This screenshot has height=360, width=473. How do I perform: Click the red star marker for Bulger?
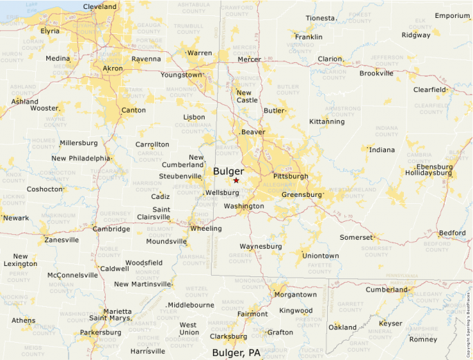tap(236, 180)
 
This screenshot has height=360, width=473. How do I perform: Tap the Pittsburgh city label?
tap(290, 176)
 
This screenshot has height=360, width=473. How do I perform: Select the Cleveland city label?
tap(100, 7)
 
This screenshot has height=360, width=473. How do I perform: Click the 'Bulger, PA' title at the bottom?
tap(236, 353)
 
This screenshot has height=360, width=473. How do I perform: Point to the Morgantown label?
tap(295, 294)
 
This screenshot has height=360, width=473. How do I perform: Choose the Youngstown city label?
tap(182, 75)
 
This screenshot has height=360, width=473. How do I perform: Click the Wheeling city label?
tap(206, 229)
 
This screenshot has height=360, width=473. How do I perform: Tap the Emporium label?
tap(452, 16)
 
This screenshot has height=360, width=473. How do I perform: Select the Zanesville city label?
tap(62, 240)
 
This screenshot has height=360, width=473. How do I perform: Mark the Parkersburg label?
tap(100, 332)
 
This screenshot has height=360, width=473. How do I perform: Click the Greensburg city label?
tap(302, 195)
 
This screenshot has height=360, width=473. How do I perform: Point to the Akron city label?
tap(112, 69)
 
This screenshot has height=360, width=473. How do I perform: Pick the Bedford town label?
tap(452, 233)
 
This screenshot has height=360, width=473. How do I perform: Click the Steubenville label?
tap(180, 176)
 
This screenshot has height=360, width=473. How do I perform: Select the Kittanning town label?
tap(326, 122)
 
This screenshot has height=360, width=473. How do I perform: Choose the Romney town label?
tap(423, 339)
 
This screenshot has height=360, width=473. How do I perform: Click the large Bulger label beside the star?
tap(228, 171)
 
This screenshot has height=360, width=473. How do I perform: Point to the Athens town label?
tap(23, 320)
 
